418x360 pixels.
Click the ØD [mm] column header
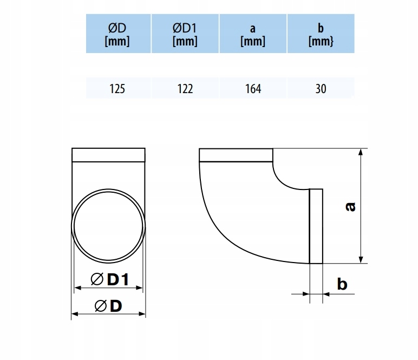pos(117,35)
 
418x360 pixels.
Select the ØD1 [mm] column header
pos(185,35)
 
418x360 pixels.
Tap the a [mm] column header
pos(253,35)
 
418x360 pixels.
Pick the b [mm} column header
pos(321,35)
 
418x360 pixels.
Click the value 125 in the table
pos(117,89)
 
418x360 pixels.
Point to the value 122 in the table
pos(185,89)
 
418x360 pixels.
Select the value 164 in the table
pos(253,89)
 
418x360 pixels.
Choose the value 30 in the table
pos(321,89)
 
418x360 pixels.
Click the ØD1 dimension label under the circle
pos(110,279)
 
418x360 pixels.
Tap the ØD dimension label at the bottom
pos(108,306)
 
